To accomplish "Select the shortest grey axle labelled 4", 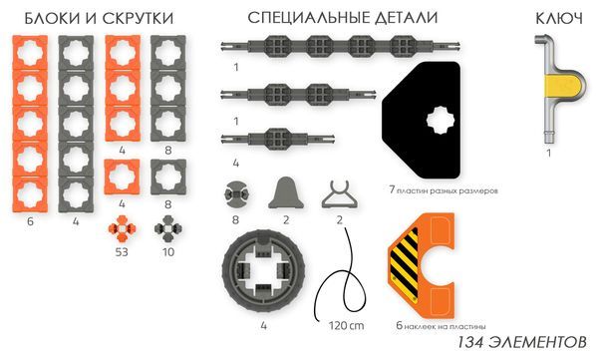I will click(265, 137).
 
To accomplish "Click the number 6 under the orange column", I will click(31, 221).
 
